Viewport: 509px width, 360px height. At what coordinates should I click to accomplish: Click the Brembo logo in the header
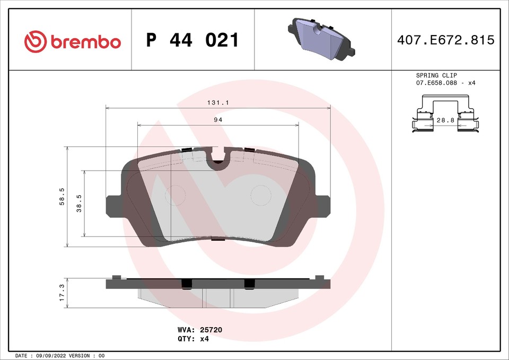73,41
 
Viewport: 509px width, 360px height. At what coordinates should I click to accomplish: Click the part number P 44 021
192,40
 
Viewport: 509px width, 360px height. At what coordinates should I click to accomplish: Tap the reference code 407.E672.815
445,40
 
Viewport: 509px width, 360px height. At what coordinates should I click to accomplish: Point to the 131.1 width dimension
218,103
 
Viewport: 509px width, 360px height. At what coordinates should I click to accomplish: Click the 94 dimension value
217,120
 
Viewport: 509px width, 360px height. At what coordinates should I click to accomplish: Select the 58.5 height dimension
62,197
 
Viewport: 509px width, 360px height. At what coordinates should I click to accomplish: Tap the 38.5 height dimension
80,203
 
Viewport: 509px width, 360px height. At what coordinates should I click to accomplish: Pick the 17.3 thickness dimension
62,293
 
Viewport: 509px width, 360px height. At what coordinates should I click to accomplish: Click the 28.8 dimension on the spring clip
445,121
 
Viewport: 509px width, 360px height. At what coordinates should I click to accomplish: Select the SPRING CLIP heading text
436,76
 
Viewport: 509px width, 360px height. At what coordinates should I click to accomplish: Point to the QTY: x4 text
193,338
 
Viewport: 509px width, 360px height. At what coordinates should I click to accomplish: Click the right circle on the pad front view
260,196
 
